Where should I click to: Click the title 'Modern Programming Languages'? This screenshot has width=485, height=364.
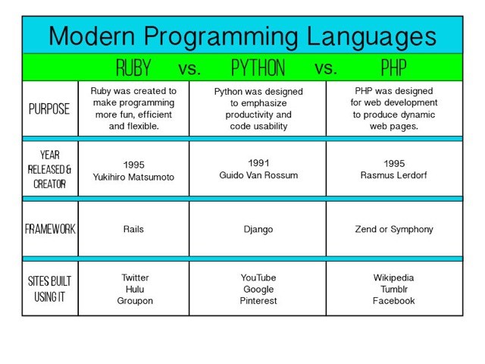(x=242, y=36)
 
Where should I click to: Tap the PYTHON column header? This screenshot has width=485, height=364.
(x=258, y=68)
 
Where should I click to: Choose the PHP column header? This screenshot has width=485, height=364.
(x=393, y=68)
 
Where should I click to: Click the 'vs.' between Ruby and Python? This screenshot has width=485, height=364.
(x=189, y=69)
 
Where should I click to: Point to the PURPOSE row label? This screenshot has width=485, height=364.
(x=49, y=108)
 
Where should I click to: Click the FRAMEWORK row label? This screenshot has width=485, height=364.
(x=49, y=229)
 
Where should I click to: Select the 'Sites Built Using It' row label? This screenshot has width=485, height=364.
(x=49, y=289)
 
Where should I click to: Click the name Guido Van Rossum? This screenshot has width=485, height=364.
(x=258, y=174)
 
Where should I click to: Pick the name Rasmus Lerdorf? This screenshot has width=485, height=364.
(x=393, y=175)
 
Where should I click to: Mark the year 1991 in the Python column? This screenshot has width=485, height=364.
(x=258, y=162)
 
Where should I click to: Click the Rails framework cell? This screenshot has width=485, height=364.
(x=133, y=229)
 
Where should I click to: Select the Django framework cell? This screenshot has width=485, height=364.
(x=258, y=229)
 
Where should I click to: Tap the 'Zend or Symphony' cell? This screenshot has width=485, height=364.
(x=393, y=229)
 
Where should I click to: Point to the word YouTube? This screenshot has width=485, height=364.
(x=258, y=278)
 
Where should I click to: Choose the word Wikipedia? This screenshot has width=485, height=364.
(x=393, y=278)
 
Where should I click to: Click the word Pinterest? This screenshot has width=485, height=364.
(x=258, y=301)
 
